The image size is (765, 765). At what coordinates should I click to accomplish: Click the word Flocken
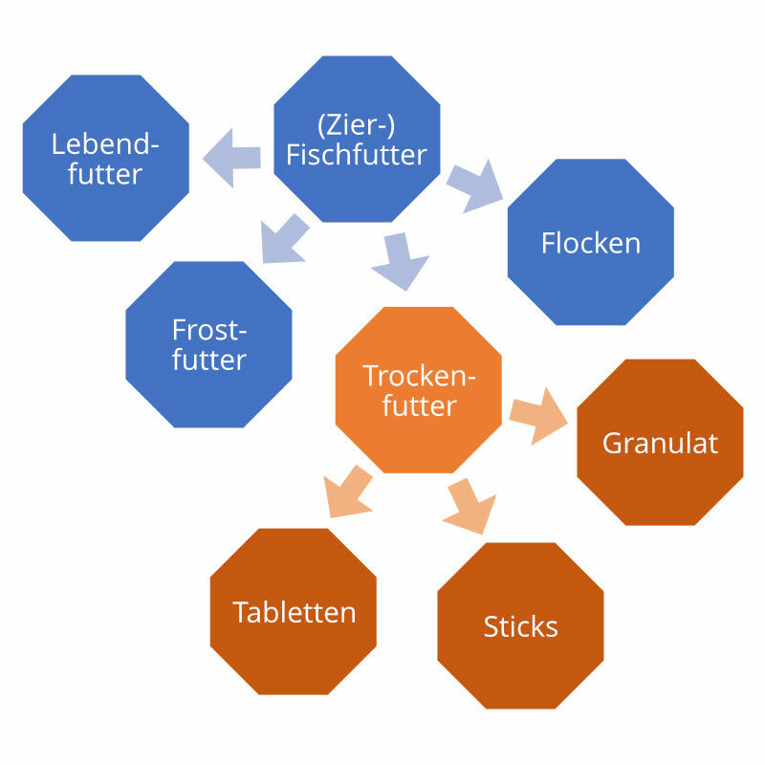point(590,243)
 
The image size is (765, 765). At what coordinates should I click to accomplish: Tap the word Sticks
point(520,626)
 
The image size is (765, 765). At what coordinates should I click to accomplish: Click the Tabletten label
point(294,612)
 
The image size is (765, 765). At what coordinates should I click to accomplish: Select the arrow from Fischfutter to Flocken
point(475,184)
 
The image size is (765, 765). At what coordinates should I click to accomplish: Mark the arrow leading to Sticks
point(470,504)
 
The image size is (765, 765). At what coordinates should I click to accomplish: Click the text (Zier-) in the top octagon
point(357,125)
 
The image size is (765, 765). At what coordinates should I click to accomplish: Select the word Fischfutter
point(357,155)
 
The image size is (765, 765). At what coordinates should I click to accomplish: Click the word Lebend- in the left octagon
point(104,144)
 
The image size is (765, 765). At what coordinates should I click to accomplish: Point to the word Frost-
point(209,330)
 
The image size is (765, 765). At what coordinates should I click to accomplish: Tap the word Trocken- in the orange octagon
point(419,376)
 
